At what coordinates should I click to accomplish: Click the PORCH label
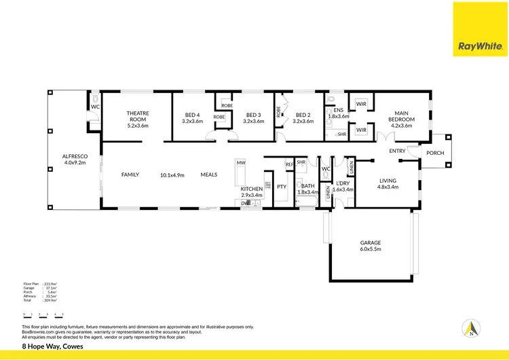[435, 153]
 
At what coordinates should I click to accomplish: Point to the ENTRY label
[398, 151]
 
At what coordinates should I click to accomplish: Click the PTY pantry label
[281, 186]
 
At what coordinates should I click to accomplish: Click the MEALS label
[208, 175]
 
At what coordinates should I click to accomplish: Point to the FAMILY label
[130, 175]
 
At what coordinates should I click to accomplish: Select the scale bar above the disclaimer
[43, 315]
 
